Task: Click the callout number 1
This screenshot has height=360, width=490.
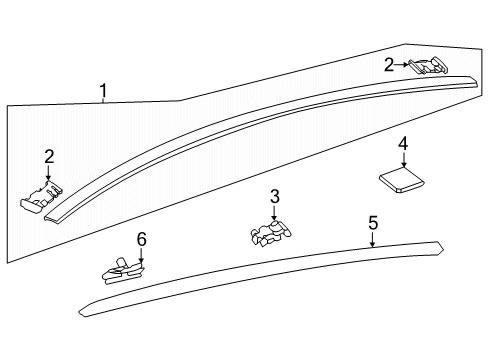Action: point(103,93)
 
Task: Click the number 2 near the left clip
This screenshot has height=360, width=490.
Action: point(48,156)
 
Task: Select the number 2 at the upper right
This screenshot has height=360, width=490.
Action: point(389,65)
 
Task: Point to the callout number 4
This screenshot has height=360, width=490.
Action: point(403,144)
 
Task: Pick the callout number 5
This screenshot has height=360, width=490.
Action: point(372,223)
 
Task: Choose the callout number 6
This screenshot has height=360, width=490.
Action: point(141,240)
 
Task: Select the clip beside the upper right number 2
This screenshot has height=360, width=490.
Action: point(427,68)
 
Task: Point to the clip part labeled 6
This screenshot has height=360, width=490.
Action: point(123,269)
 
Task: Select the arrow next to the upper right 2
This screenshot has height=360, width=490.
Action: point(404,65)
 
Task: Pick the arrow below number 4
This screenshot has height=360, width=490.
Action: point(403,160)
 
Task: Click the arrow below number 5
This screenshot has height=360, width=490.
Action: point(372,240)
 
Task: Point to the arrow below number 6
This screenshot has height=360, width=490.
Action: point(141,256)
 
